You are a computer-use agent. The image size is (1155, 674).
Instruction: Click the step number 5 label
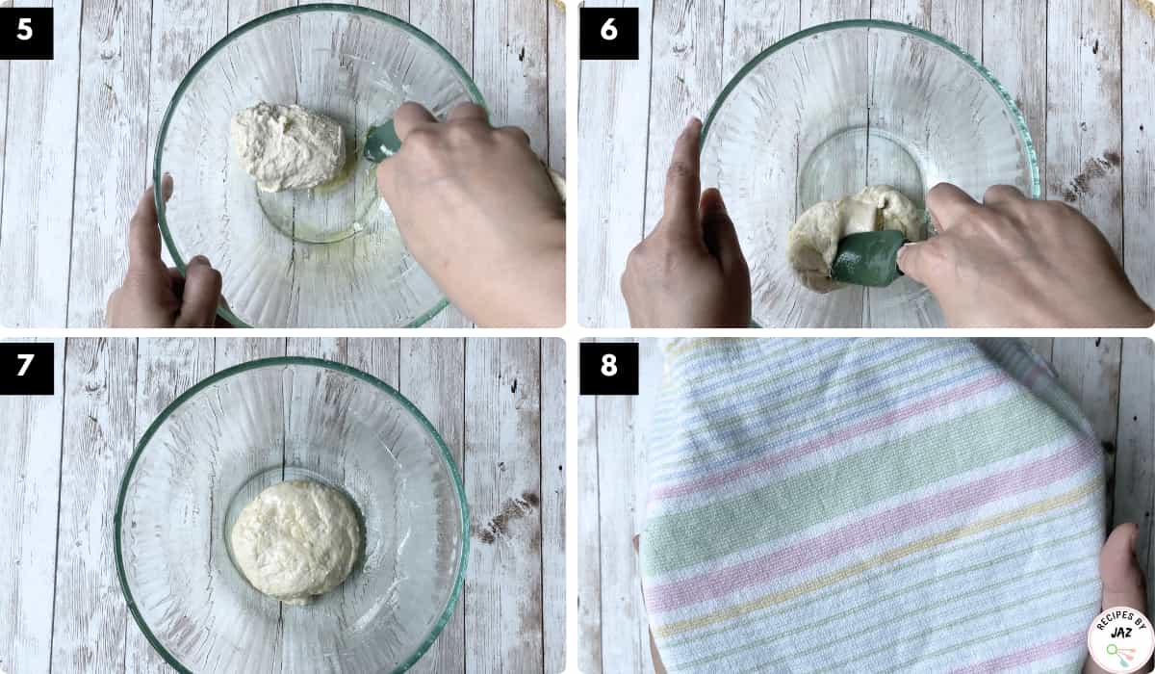click(26, 33)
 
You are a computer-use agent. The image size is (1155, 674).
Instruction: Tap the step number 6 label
click(609, 33)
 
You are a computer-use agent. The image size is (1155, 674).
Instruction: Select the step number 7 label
click(26, 368)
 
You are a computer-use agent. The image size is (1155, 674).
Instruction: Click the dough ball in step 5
click(288, 147)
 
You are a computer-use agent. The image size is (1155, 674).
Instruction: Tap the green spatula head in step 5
click(381, 142)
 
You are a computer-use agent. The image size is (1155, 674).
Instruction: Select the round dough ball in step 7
click(296, 541)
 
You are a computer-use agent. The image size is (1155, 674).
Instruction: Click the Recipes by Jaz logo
click(1120, 640)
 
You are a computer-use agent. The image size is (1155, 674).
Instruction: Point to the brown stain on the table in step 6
click(1089, 176)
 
